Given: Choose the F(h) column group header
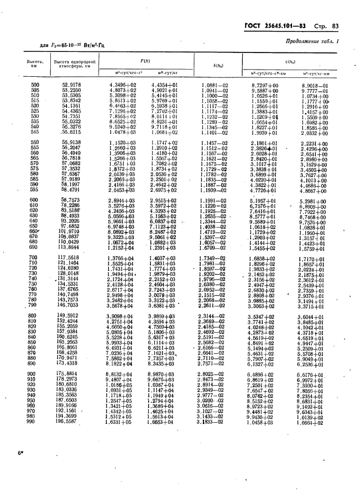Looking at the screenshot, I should coord(145,60).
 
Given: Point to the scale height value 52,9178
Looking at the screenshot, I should coord(72,85).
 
